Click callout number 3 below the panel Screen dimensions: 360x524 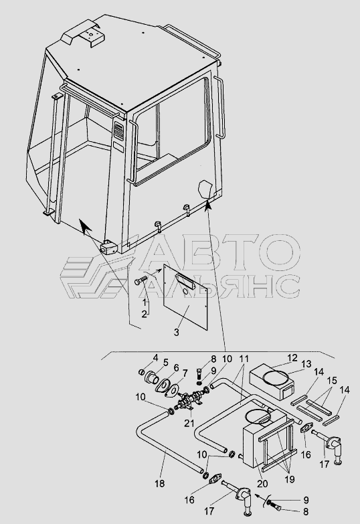click(177, 332)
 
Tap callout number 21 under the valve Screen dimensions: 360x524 click(189, 423)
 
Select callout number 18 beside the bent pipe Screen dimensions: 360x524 click(160, 483)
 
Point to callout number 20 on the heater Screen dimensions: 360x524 click(262, 483)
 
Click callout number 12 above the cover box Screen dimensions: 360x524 click(292, 358)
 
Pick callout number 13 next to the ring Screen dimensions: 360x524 click(306, 364)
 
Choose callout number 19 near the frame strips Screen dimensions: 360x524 click(290, 479)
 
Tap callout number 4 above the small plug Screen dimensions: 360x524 click(155, 358)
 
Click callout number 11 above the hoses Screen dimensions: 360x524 click(244, 359)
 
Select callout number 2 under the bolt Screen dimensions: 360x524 click(144, 314)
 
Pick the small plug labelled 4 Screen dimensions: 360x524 click(142, 372)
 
